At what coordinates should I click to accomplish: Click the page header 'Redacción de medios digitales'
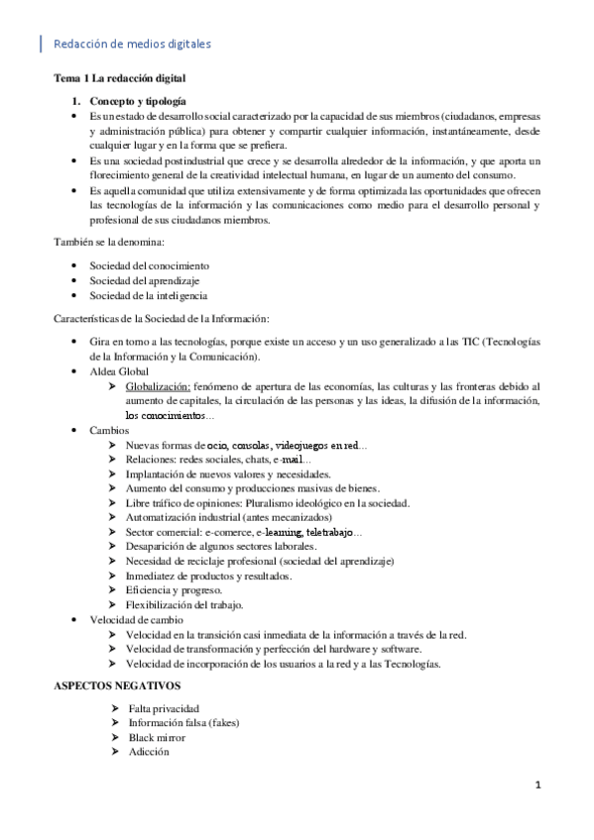tap(131, 44)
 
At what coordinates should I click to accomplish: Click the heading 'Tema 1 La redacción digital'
tap(119, 77)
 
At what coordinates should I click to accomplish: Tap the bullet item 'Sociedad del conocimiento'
tap(149, 266)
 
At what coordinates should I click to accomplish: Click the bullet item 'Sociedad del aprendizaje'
tap(146, 280)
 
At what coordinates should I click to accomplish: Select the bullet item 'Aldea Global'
tap(119, 370)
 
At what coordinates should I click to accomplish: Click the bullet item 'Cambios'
tap(108, 432)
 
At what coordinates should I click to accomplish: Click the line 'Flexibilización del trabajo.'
tap(185, 604)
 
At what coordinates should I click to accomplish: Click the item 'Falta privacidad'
tap(164, 709)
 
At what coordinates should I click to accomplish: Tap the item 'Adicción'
tap(149, 752)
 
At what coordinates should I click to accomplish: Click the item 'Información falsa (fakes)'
tap(183, 723)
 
